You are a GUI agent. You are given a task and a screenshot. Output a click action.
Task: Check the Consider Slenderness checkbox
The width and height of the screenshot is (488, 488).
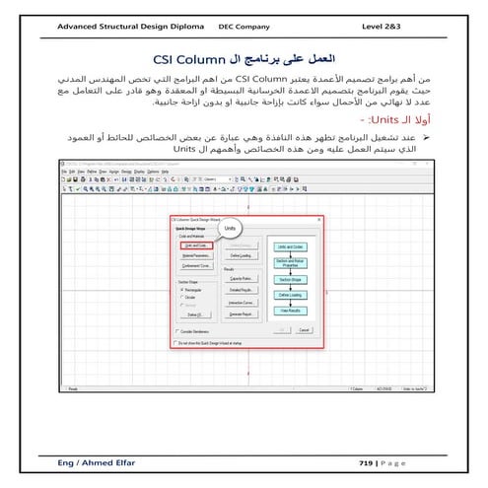(x=177, y=331)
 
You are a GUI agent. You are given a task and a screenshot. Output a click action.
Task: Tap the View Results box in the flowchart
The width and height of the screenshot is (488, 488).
(x=290, y=310)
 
